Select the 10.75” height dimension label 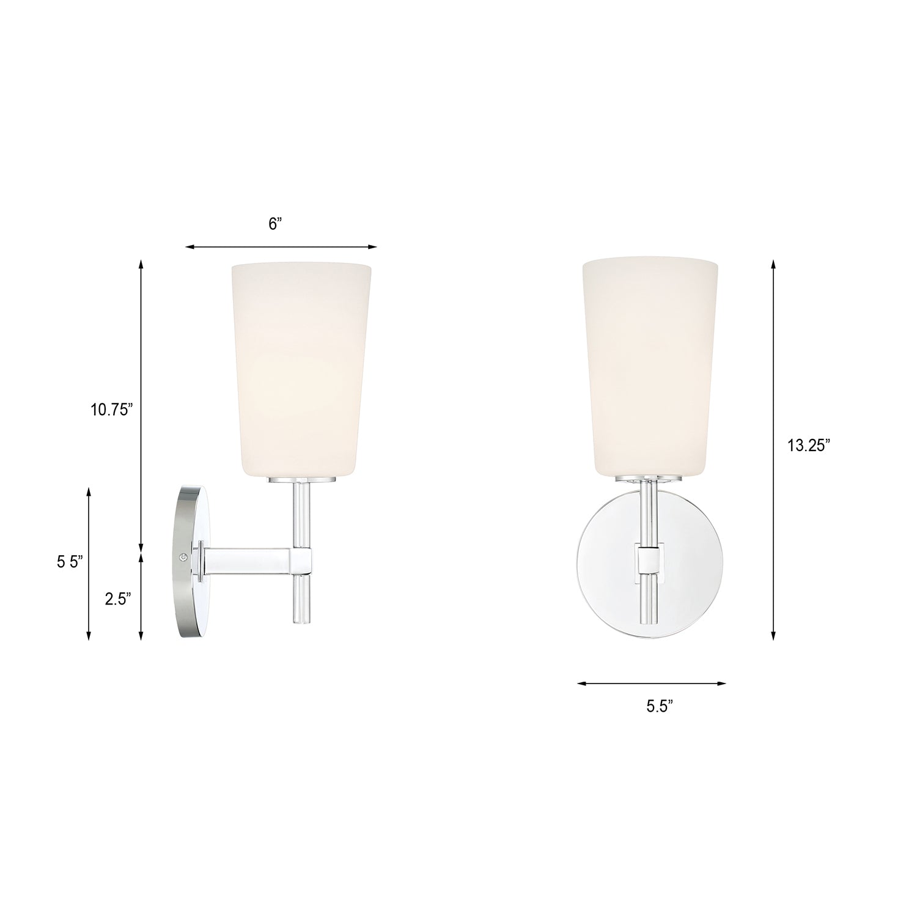(x=112, y=410)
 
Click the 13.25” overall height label (x=808, y=446)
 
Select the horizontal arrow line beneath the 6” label (x=281, y=247)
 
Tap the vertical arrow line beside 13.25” (x=773, y=449)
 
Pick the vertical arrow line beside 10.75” (x=141, y=403)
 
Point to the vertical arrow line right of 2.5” (x=141, y=596)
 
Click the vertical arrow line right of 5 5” (x=89, y=562)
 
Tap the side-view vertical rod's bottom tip (x=303, y=622)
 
